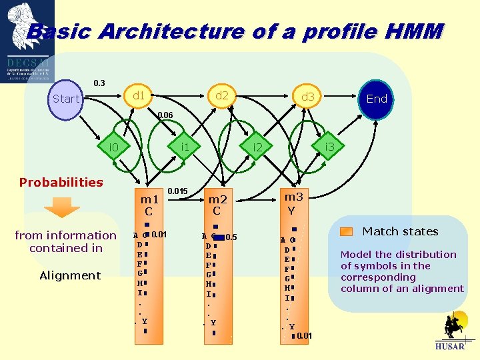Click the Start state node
click(65, 99)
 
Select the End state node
click(377, 99)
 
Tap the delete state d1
click(139, 96)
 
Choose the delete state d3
click(307, 98)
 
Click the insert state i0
click(113, 147)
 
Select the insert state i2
click(257, 147)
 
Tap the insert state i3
click(329, 146)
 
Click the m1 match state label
click(149, 199)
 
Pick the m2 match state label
click(217, 199)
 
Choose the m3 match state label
click(293, 197)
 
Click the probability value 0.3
click(99, 83)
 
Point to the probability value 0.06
click(165, 115)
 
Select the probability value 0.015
click(177, 192)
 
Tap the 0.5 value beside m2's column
click(231, 237)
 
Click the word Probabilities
click(61, 182)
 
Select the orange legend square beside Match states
click(346, 232)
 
